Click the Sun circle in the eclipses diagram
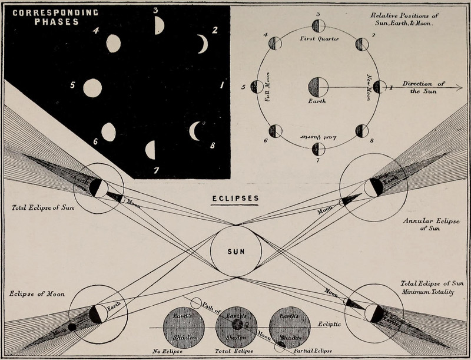click(x=235, y=251)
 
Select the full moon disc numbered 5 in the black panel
click(x=92, y=88)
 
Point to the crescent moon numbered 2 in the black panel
click(x=203, y=44)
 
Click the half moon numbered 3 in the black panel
click(x=158, y=25)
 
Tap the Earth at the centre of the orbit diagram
click(x=318, y=87)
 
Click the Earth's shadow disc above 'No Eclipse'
click(x=184, y=328)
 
